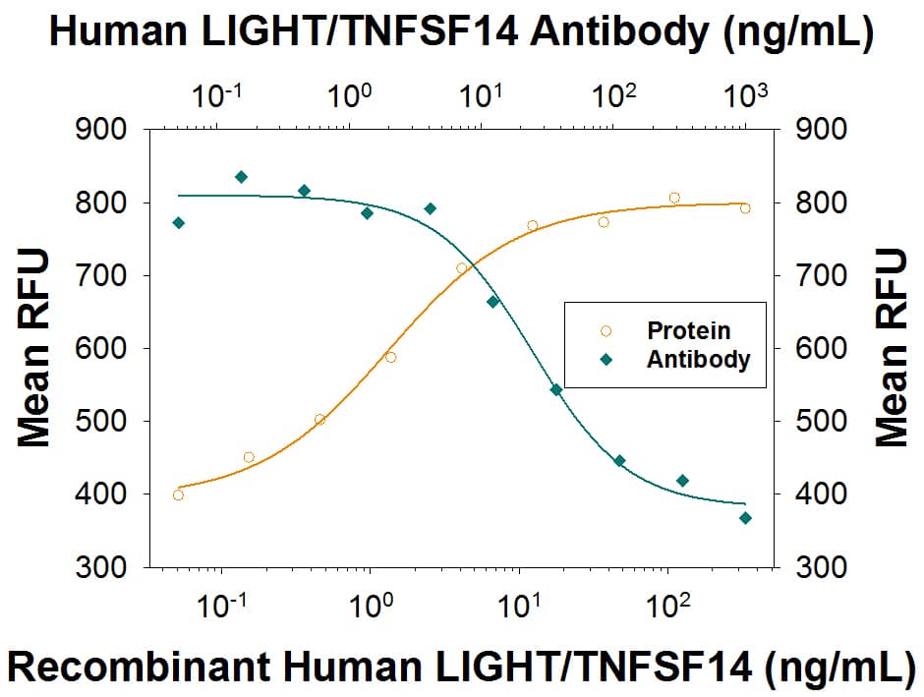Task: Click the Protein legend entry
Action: pyautogui.click(x=687, y=331)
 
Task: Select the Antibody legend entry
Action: pyautogui.click(x=697, y=360)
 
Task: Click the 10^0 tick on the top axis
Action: pyautogui.click(x=349, y=96)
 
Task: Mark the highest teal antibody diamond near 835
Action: pyautogui.click(x=241, y=177)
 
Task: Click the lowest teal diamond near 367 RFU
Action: pyautogui.click(x=745, y=518)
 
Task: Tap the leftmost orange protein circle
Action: pyautogui.click(x=178, y=494)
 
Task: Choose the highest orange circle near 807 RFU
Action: pyautogui.click(x=674, y=198)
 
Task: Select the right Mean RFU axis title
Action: pyautogui.click(x=892, y=348)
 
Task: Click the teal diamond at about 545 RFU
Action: pyautogui.click(x=555, y=389)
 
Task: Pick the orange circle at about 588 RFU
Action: pyautogui.click(x=390, y=357)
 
